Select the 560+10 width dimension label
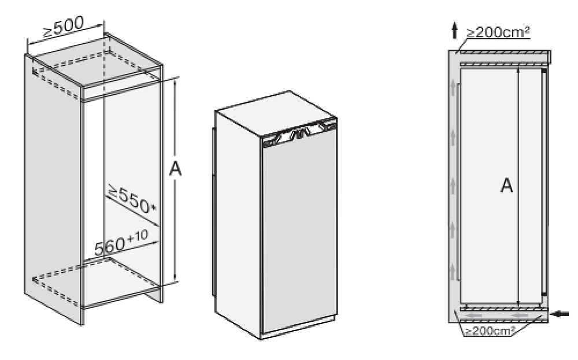point(121,243)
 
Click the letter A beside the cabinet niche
point(176,169)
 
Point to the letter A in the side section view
point(506,185)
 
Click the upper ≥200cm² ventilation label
point(498,32)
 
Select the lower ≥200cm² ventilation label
point(489,331)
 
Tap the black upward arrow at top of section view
point(454,31)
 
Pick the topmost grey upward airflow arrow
point(453,88)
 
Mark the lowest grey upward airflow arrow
point(453,271)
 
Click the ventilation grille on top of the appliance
point(299,133)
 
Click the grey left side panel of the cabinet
point(53,189)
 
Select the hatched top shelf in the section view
point(503,53)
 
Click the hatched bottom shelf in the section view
point(503,309)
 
